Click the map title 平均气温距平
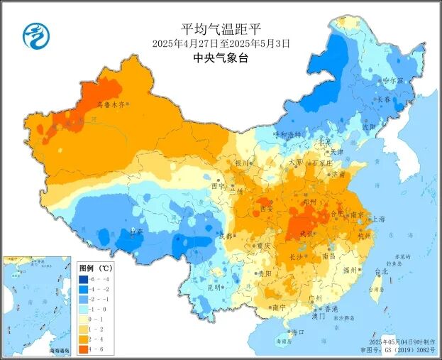tap(221, 29)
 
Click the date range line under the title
tap(221, 43)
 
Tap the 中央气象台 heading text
tap(221, 59)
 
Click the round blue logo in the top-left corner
tap(33, 36)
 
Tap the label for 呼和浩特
tap(287, 134)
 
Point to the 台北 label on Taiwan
tap(380, 271)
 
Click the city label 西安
tap(266, 209)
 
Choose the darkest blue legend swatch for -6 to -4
tap(84, 279)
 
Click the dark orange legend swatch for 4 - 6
tap(84, 349)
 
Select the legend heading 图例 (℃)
tap(95, 268)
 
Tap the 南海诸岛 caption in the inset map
tap(59, 350)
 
